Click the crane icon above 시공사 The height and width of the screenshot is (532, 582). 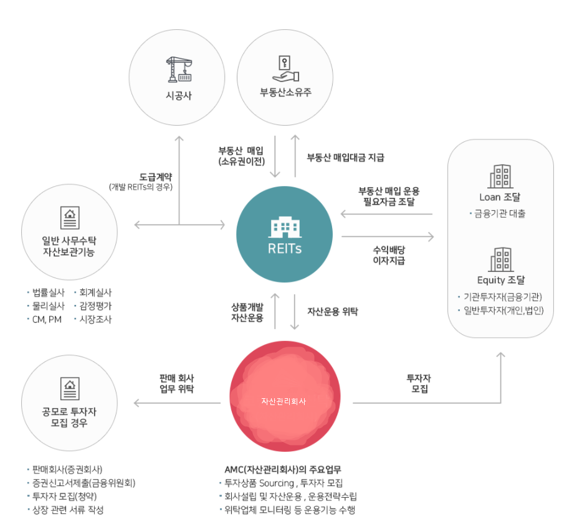(x=178, y=69)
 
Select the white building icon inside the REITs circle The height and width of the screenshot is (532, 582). (x=285, y=228)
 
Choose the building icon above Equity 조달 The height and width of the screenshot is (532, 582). (x=500, y=259)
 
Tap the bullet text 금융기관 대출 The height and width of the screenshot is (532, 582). (x=499, y=213)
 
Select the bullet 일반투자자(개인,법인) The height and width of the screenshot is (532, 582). (x=503, y=310)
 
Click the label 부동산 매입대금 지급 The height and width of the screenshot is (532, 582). (x=345, y=157)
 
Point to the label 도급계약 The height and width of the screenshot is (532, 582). (x=156, y=176)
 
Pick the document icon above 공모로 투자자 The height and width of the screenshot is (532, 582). (x=69, y=388)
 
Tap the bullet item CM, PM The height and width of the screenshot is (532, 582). (x=46, y=319)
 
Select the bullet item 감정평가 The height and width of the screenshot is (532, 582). (x=95, y=306)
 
